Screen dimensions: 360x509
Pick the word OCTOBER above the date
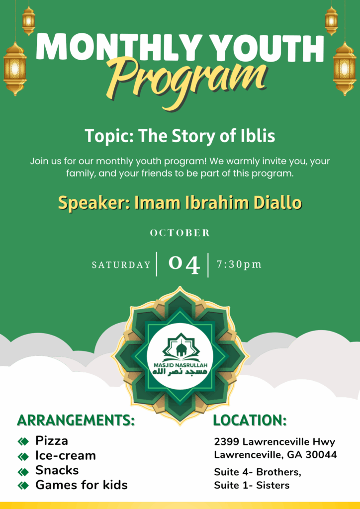180,233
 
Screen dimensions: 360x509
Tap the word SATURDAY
121,265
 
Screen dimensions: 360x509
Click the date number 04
184,264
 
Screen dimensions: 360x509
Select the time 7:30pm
239,264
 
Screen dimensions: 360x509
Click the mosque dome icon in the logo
180,348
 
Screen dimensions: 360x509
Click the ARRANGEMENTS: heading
76,420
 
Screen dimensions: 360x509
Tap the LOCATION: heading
250,420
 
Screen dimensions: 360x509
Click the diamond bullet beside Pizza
23,441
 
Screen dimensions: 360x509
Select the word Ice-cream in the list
66,456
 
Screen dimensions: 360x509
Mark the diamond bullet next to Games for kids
23,486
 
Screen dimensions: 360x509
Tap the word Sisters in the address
272,486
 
